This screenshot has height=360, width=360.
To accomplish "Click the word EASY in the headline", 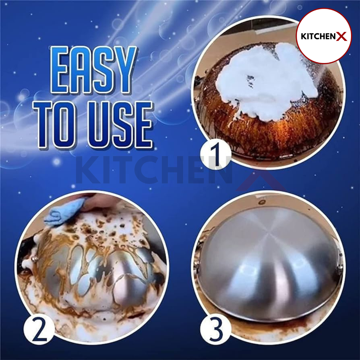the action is click(93, 70).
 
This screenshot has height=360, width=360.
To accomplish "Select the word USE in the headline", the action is click(120, 124).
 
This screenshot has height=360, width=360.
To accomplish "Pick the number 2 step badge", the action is click(39, 329).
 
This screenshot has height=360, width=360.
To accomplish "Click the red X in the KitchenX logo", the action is click(341, 37).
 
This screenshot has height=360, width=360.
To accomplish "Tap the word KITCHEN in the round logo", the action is click(318, 37).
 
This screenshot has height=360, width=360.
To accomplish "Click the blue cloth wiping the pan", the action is click(63, 211).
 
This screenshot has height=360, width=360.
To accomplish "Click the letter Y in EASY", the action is click(123, 70).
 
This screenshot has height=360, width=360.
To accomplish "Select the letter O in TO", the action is click(65, 125).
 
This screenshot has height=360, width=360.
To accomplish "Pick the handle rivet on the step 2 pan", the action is click(35, 259).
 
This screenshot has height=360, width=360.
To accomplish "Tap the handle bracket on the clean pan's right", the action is click(339, 262).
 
